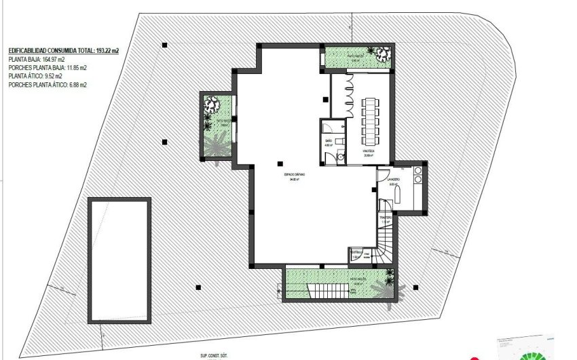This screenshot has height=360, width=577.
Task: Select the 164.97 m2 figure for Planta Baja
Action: [x=47, y=59]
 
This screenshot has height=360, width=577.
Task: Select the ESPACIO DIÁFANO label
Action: [x=295, y=175]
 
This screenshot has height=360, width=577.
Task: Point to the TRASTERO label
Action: [x=385, y=218]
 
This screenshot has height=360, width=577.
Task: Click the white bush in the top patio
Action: [x=379, y=53]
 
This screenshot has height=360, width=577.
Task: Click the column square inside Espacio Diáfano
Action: [x=280, y=162]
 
